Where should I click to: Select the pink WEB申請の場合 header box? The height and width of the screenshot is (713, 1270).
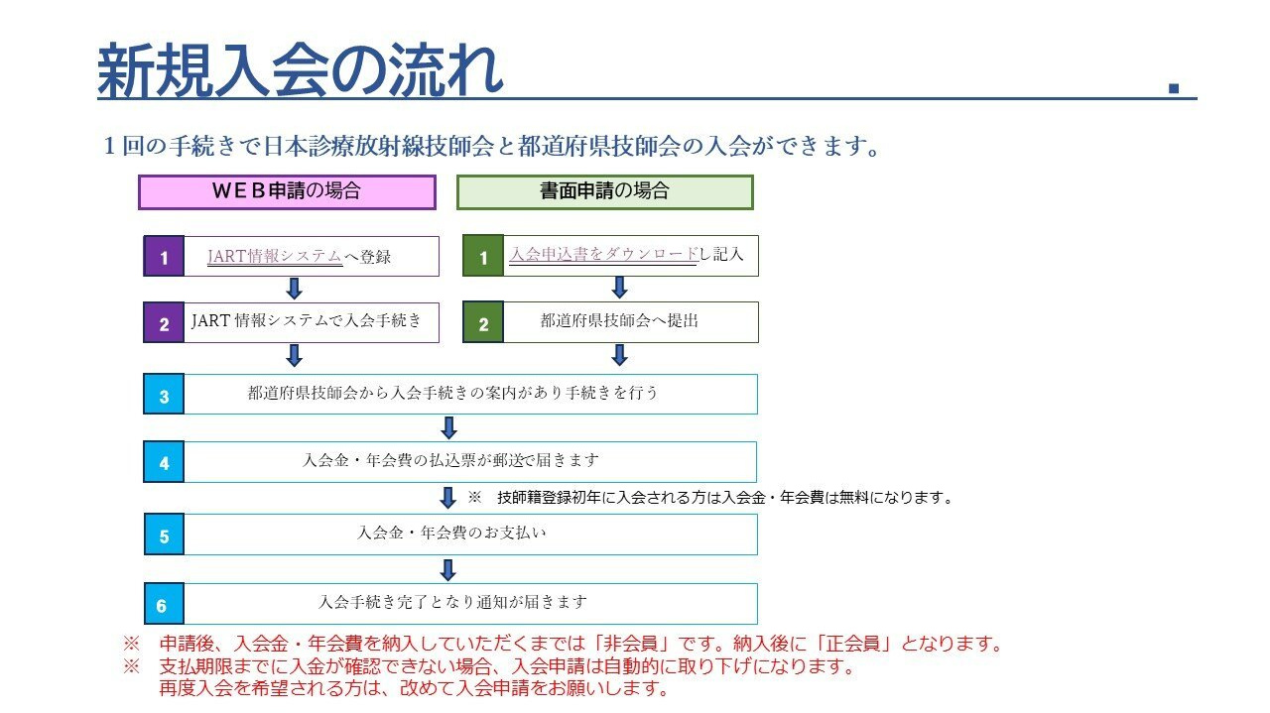coord(287,192)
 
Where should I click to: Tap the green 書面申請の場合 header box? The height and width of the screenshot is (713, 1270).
coord(604,192)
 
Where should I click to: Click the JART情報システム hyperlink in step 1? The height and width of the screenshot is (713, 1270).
coord(275,256)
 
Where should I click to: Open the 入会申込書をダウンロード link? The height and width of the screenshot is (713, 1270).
coord(603,255)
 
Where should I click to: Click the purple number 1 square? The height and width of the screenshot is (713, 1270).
coord(164,257)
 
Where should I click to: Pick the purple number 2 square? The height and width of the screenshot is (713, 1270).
coord(164,323)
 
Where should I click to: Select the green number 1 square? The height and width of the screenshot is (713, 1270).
coord(483,257)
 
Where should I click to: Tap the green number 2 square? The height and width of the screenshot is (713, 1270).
coord(483,323)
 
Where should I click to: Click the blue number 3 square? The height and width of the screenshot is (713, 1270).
coord(164,395)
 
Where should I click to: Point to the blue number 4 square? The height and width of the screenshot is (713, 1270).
coord(164,462)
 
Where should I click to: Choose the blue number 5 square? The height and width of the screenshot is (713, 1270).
coord(164,535)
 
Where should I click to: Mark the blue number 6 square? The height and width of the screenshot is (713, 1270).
coord(164,604)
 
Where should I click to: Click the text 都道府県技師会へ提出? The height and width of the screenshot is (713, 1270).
coord(619,321)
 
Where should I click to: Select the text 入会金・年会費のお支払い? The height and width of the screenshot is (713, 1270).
coord(451,534)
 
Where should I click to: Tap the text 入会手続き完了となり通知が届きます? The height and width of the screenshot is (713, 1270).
coord(452,602)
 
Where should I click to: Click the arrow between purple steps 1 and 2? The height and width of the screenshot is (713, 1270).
coord(294,289)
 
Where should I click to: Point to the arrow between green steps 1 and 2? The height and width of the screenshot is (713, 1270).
coord(619,288)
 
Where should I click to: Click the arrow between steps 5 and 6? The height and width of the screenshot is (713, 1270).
coord(447,570)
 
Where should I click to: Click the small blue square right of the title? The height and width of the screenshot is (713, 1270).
coord(1174,88)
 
